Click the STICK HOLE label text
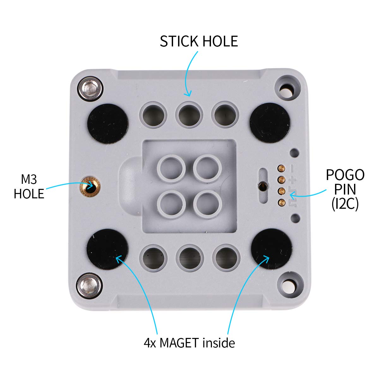pos(199,41)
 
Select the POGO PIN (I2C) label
pos(345,189)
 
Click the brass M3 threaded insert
pos(90,186)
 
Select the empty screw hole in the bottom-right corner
pos(288,285)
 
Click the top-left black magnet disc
pos(108,124)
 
